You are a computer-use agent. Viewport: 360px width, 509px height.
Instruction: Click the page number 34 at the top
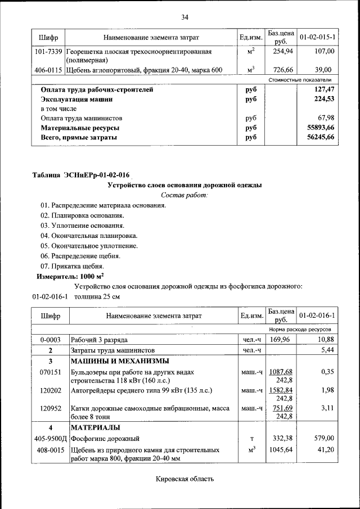click(184, 17)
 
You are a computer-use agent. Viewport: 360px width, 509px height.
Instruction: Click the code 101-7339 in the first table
click(48, 51)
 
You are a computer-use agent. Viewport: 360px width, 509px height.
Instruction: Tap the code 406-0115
click(48, 70)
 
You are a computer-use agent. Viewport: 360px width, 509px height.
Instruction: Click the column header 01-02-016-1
click(318, 316)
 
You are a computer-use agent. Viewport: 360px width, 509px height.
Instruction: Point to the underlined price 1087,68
click(281, 372)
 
